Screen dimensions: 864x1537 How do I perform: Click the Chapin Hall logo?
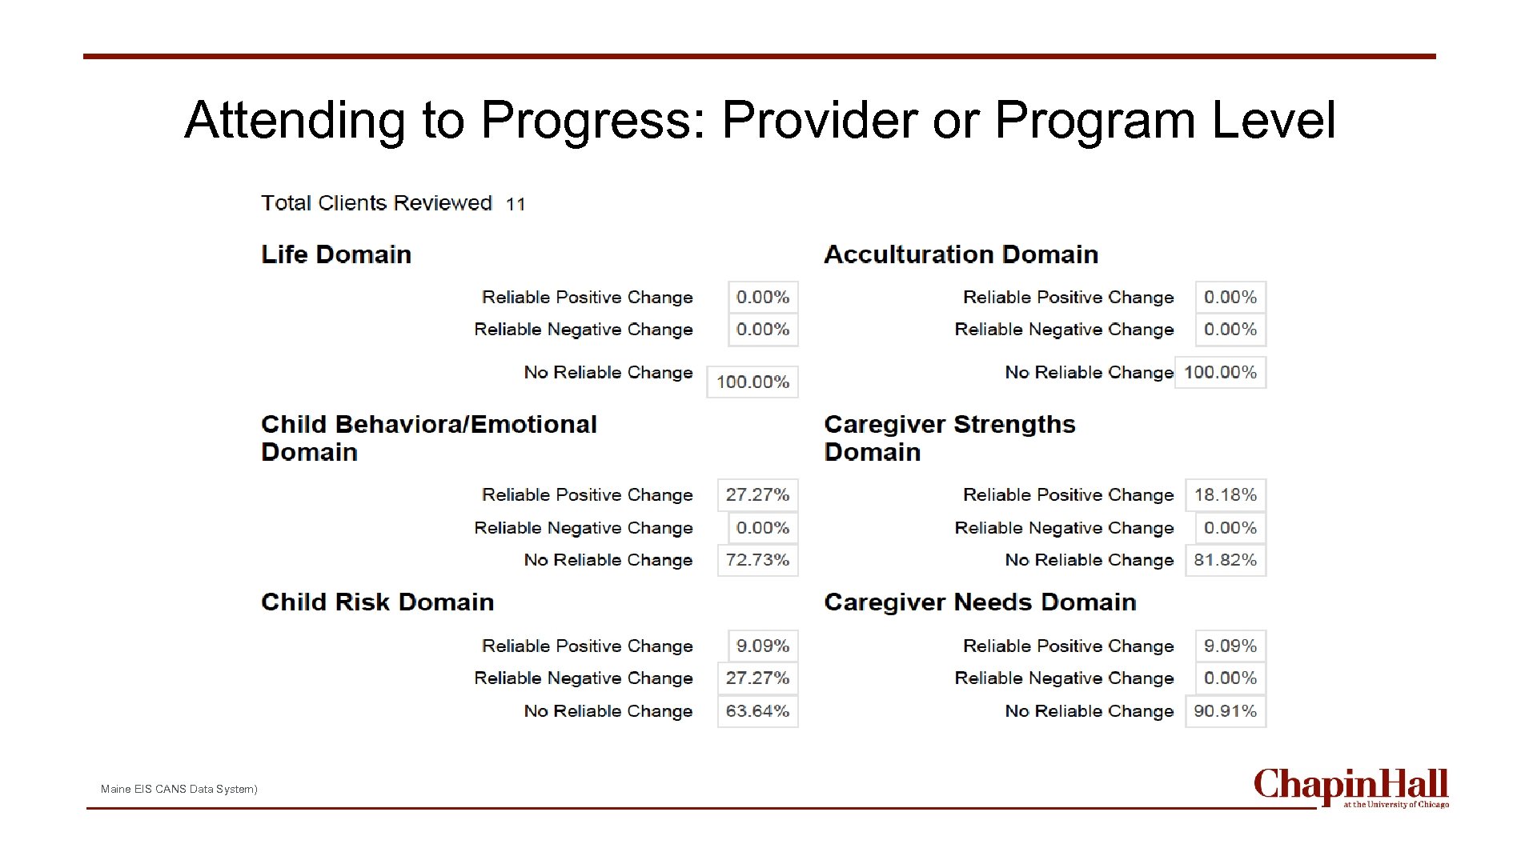[x=1350, y=787]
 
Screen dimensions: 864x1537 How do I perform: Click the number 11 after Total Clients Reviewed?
[x=516, y=204]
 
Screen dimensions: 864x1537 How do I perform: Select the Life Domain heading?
[x=336, y=254]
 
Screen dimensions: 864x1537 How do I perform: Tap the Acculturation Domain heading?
[x=961, y=254]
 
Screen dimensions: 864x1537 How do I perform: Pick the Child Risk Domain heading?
[x=377, y=602]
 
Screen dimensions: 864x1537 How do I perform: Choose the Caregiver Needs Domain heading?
[x=980, y=602]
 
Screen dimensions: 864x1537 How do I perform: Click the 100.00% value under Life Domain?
[x=752, y=382]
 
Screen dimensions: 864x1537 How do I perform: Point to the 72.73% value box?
[x=757, y=560]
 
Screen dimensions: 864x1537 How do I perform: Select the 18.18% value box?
[x=1225, y=494]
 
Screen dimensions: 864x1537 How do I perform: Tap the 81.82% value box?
[x=1225, y=560]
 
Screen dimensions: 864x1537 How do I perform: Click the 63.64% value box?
[x=757, y=710]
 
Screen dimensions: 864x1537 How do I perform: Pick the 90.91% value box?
[x=1225, y=710]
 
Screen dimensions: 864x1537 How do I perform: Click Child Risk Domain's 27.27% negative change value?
[x=757, y=678]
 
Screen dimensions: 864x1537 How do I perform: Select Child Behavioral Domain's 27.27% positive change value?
[x=757, y=494]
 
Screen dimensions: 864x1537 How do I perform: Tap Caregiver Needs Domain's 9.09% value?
[x=1230, y=646]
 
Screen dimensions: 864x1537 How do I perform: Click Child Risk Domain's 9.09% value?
[x=762, y=646]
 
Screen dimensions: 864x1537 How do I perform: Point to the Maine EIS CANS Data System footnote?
[x=179, y=789]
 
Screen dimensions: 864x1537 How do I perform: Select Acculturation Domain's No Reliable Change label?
[x=1089, y=372]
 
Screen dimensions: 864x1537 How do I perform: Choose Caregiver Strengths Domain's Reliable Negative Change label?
[x=1064, y=528]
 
